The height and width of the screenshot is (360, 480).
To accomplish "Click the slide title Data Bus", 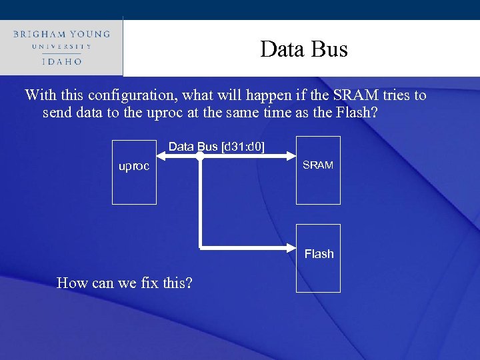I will (x=304, y=49).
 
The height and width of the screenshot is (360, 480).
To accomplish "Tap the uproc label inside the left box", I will (x=134, y=166).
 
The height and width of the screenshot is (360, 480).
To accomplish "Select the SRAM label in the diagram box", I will (x=318, y=165).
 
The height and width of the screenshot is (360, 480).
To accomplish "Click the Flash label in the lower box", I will (x=319, y=254).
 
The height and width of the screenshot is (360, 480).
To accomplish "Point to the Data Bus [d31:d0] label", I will (x=216, y=146).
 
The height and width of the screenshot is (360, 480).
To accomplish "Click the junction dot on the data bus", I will (x=199, y=157).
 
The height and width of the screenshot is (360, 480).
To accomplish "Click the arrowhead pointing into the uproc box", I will (x=162, y=157).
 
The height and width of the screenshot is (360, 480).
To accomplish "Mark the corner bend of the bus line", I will (x=201, y=247).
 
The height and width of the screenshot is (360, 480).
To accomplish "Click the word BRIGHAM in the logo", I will (x=40, y=34).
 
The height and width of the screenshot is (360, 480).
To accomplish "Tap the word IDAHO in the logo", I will (x=61, y=61).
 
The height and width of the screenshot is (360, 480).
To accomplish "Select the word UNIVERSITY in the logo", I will (x=61, y=47).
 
